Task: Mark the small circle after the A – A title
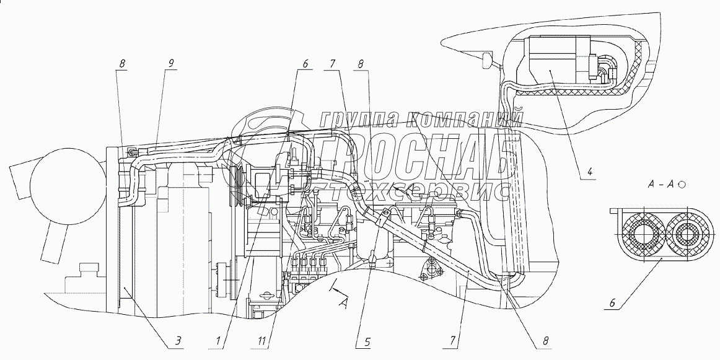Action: pos(681,184)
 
